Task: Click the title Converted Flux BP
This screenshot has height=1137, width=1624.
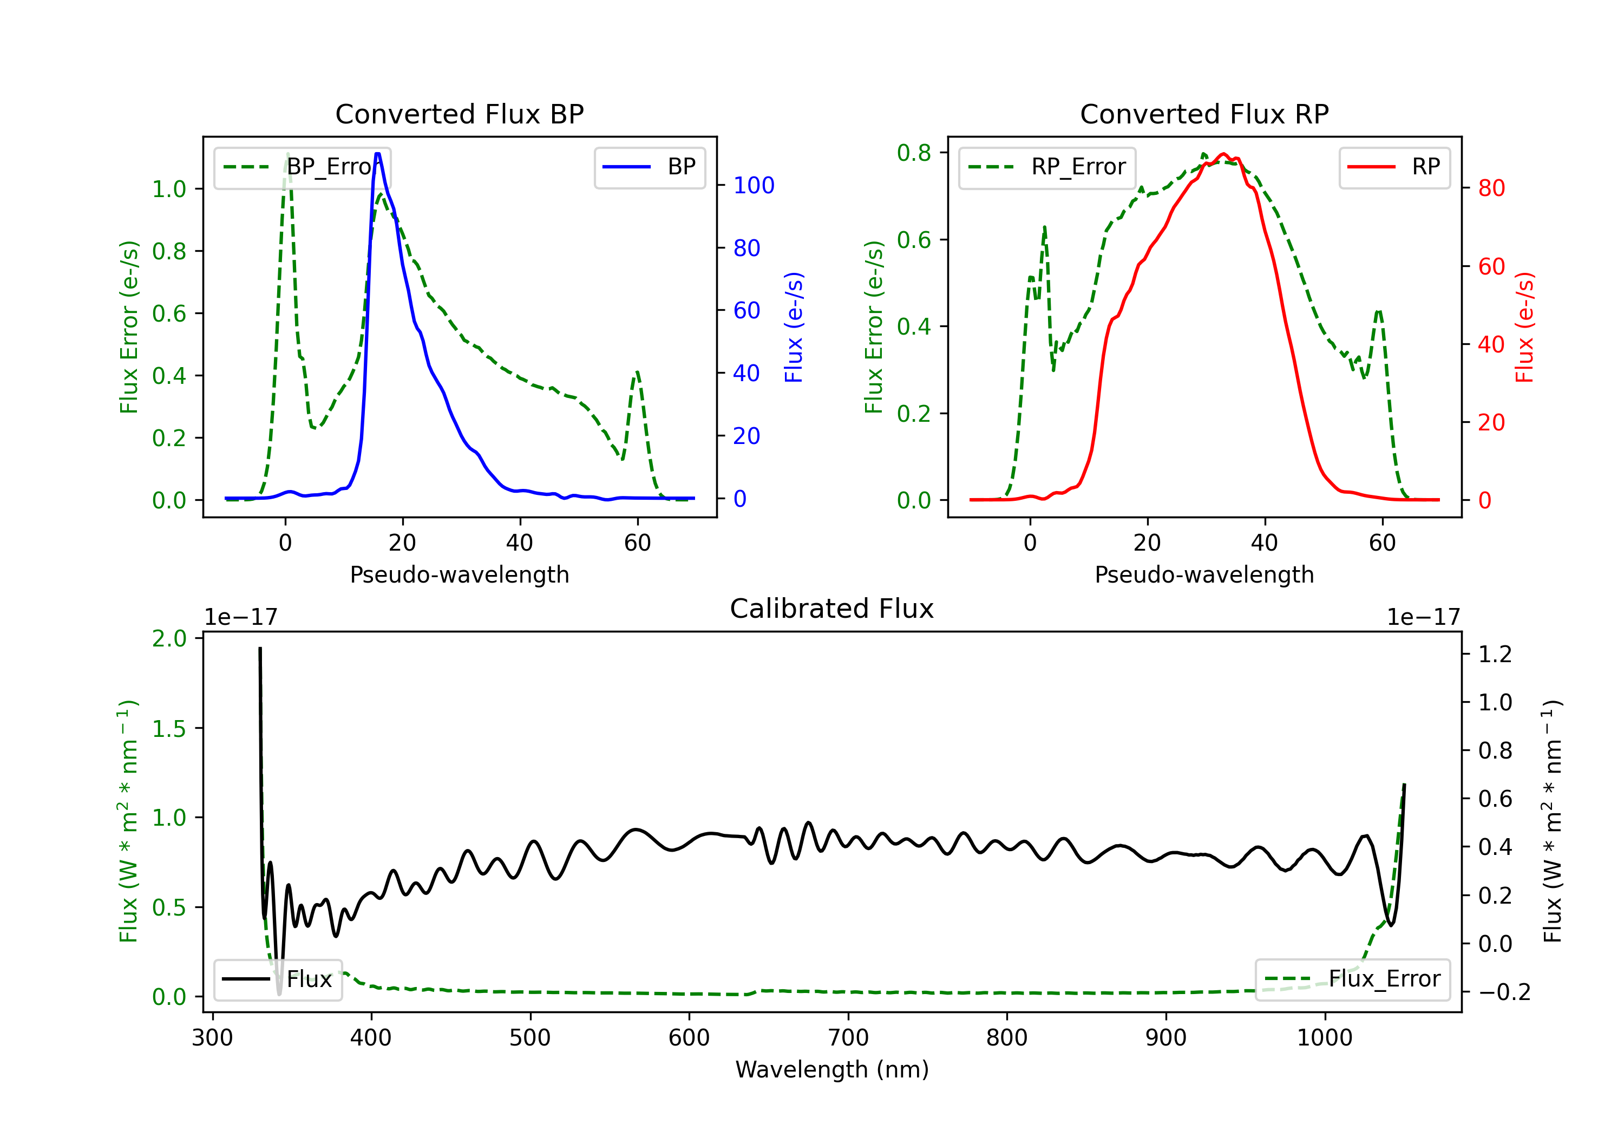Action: point(459,114)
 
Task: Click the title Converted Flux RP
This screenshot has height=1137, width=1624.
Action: point(1204,114)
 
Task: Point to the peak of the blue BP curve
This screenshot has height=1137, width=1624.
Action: point(378,154)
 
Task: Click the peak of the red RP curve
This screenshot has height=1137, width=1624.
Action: point(1223,154)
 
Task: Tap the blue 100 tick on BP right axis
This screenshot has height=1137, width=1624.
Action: point(754,185)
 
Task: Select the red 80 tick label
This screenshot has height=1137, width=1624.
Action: point(1491,188)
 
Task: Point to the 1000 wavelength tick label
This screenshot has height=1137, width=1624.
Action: point(1324,1038)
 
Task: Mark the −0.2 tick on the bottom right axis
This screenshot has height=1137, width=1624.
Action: point(1504,992)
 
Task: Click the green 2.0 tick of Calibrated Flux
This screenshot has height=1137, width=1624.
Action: point(169,638)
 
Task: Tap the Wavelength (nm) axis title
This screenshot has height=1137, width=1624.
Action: point(832,1069)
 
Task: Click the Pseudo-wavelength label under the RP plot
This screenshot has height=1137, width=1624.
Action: point(1204,574)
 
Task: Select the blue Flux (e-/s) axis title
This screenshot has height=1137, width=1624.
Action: point(794,327)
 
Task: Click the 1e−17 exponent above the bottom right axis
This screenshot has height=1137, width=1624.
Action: point(1423,617)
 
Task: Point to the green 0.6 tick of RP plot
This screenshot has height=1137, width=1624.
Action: point(914,240)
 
